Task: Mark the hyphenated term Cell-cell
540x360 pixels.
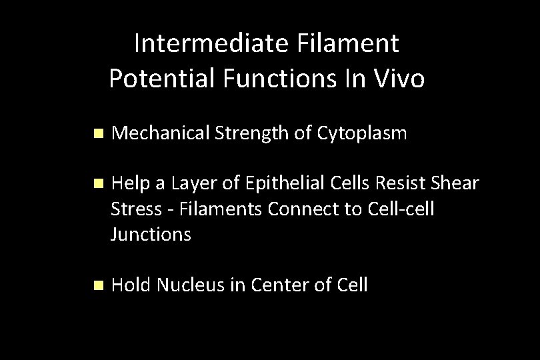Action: click(401, 209)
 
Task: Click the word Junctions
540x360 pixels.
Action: click(151, 234)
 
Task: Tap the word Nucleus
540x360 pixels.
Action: click(193, 285)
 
